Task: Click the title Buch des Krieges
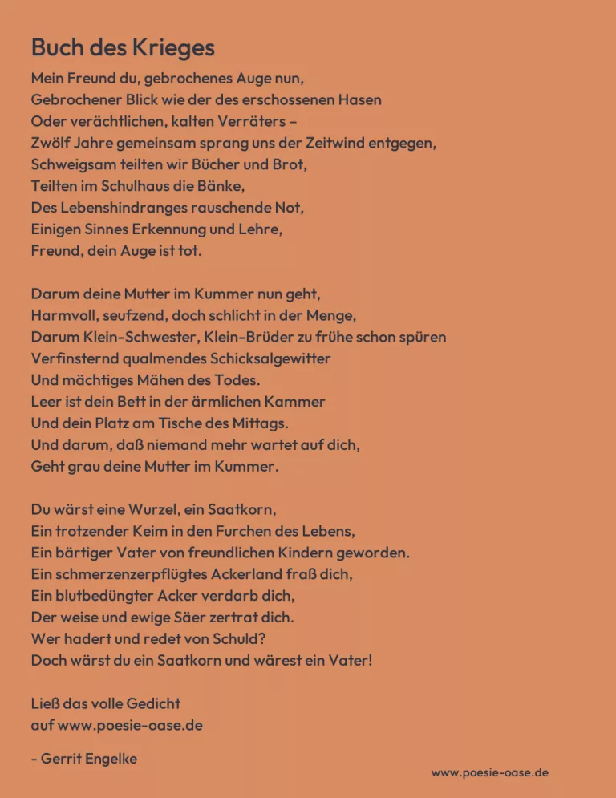coord(123,47)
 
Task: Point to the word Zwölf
coord(51,144)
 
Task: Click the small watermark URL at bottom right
coord(489,772)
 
